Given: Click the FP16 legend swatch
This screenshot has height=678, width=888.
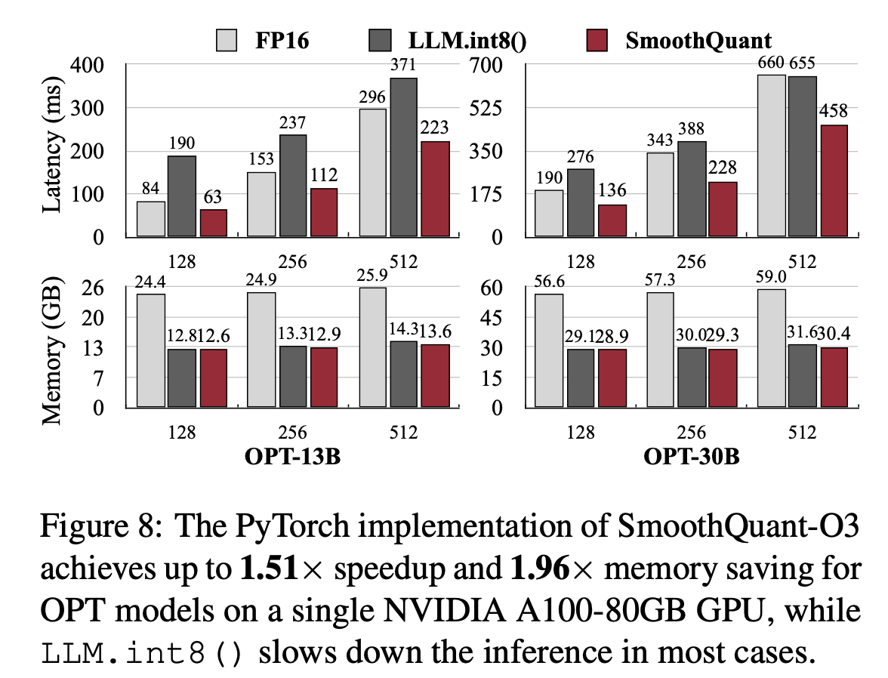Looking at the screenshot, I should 227,39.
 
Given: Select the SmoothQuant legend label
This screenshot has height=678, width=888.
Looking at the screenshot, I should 698,39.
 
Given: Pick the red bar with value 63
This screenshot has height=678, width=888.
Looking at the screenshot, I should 213,223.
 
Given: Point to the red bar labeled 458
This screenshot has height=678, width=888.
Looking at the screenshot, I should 834,181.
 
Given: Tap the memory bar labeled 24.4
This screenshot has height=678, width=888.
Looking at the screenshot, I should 151,350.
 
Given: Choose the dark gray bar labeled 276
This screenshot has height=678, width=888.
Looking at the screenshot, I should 581,202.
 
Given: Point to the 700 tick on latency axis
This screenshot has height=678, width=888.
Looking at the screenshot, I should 486,66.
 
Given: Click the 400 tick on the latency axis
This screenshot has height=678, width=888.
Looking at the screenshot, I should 88,66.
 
